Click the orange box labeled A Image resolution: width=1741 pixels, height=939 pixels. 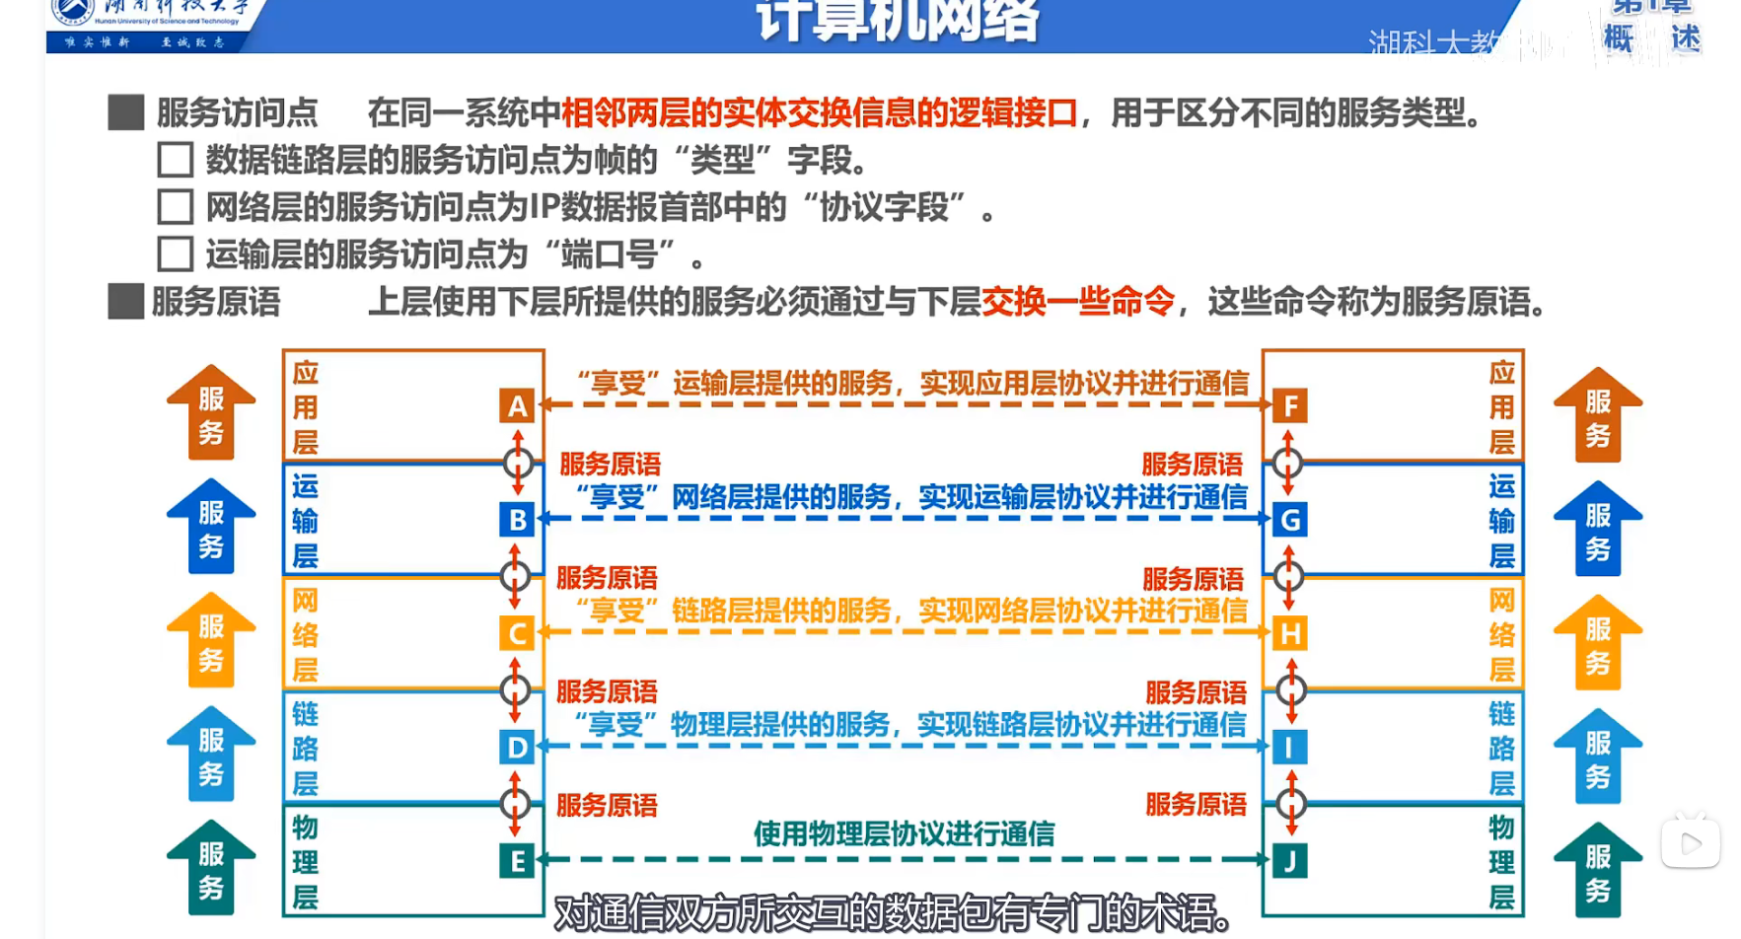coord(517,406)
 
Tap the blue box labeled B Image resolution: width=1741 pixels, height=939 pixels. coord(517,520)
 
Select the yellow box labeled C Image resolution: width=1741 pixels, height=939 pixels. coord(517,633)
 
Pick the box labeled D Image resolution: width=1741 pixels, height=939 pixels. coord(517,748)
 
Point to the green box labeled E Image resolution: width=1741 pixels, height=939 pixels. coord(517,861)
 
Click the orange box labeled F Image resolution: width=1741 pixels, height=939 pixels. coord(1290,406)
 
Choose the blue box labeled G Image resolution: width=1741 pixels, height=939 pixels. coord(1290,520)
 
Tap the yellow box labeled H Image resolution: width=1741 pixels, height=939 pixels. coord(1290,633)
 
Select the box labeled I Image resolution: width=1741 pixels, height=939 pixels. coord(1290,748)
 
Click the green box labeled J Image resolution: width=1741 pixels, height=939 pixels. coord(1290,861)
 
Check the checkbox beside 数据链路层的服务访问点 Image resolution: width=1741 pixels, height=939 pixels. coord(176,160)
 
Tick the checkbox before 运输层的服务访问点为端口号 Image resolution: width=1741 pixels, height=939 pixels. coord(176,254)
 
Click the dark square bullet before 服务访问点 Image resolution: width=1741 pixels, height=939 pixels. coord(126,112)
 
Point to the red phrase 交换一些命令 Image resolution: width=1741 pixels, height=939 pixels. coord(1078,301)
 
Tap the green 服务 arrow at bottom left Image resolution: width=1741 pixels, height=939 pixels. coord(211,867)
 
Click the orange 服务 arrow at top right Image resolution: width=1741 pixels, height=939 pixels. coord(1598,414)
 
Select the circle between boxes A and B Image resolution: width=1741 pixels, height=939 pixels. coord(518,463)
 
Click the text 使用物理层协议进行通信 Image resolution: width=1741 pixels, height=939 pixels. coord(904,834)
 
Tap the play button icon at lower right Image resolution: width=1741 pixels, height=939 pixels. coord(1691,843)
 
